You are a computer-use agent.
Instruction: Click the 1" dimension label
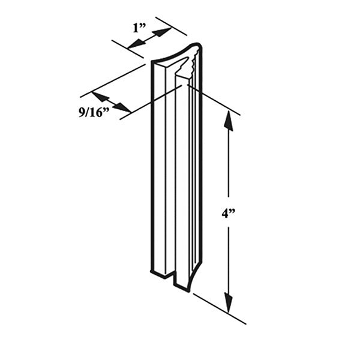pyautogui.click(x=139, y=26)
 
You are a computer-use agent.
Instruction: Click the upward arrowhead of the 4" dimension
pyautogui.click(x=229, y=119)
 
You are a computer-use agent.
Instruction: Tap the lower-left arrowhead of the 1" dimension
pyautogui.click(x=133, y=43)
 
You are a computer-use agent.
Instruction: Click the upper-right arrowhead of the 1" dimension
pyautogui.click(x=163, y=31)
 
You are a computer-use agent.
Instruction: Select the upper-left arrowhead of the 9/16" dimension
pyautogui.click(x=98, y=97)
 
